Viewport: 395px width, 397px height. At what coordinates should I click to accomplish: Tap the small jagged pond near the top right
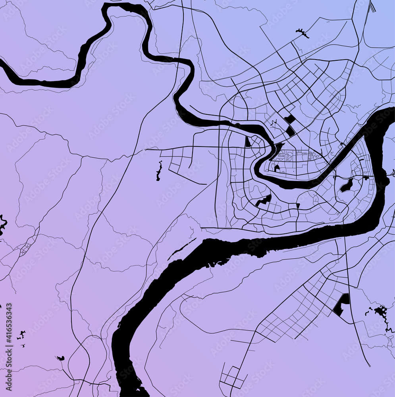coord(303,33)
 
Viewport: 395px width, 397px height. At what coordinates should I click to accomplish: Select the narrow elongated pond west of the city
coord(159,171)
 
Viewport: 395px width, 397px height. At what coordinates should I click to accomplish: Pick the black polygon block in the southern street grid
coord(341,304)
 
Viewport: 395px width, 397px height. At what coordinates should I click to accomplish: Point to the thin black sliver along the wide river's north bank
coord(181,249)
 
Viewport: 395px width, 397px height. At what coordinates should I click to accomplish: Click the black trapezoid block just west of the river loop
coord(248,142)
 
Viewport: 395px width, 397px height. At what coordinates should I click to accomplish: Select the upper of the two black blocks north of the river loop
coord(290,119)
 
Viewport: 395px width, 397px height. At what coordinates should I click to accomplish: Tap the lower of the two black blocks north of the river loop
coord(291,131)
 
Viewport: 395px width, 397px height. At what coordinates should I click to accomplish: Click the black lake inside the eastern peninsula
coord(347,185)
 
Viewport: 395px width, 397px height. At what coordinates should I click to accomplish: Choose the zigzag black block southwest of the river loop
coord(263,200)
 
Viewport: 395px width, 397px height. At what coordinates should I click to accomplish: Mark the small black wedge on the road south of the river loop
coord(298,205)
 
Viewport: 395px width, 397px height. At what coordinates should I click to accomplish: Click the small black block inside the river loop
coord(277,168)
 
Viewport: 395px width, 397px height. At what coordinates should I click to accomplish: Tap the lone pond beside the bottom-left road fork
coord(60,358)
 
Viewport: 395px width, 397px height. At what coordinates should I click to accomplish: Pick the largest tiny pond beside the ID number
coord(21,334)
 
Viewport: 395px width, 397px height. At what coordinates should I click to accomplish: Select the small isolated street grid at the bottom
coord(232,376)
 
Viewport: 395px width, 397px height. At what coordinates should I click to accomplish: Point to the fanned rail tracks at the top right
coord(372,7)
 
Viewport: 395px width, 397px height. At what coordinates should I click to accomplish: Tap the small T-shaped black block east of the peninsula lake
coord(365,177)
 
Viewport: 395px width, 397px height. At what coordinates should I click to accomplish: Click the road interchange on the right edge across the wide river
coord(392,173)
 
